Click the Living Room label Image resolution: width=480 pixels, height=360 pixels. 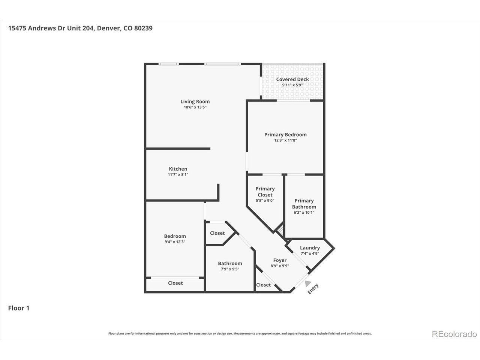tap(195, 101)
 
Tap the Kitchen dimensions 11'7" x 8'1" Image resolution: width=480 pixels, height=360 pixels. tap(178, 174)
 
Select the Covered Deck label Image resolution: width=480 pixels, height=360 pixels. tap(292, 79)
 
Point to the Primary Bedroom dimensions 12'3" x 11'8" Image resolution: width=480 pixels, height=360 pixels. tap(285, 140)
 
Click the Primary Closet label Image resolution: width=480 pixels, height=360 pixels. tap(265, 192)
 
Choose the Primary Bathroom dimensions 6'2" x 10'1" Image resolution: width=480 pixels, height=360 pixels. tap(304, 213)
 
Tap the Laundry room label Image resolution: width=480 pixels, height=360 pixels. tap(310, 248)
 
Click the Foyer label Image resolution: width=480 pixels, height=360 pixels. tap(280, 260)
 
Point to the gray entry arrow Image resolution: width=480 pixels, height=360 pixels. tap(307, 283)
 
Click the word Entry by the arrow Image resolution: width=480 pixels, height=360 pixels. tap(313, 289)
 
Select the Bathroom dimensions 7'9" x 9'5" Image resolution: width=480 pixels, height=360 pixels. tap(230, 269)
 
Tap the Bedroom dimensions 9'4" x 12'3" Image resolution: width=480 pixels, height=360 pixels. tap(175, 242)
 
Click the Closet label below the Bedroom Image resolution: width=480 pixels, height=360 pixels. tap(175, 283)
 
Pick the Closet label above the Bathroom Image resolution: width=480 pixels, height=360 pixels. tap(217, 233)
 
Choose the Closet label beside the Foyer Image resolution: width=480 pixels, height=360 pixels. tap(264, 285)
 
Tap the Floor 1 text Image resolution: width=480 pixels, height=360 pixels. tap(19, 308)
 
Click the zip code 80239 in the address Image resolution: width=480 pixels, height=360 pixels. tap(143, 28)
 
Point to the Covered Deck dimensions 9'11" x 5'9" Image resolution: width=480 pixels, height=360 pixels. tap(292, 85)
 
